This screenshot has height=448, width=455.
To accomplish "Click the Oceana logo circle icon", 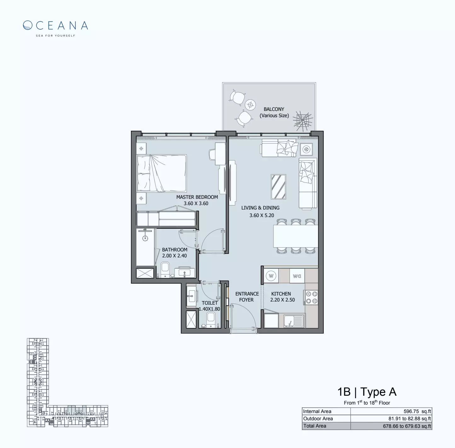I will click(x=28, y=25).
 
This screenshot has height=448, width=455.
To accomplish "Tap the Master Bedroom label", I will click(x=197, y=197).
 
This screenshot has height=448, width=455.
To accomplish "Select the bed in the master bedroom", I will click(x=162, y=173).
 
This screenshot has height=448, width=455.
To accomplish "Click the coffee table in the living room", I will click(x=278, y=187).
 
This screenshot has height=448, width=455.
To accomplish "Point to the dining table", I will click(x=295, y=236).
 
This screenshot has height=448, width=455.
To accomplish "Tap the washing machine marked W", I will click(x=271, y=276).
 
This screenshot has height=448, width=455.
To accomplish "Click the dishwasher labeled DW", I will click(x=297, y=276).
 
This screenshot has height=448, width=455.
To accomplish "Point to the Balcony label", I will click(x=274, y=109).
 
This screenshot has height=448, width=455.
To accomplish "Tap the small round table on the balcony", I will click(x=251, y=105).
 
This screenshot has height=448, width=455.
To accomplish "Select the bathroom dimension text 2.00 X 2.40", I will click(x=174, y=256).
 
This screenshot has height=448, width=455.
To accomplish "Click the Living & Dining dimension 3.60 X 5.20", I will click(x=262, y=215).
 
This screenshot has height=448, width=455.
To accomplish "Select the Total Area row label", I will click(x=315, y=426).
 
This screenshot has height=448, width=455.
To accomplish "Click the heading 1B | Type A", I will click(x=367, y=392).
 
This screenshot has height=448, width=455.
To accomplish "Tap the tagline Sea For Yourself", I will click(x=55, y=36).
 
